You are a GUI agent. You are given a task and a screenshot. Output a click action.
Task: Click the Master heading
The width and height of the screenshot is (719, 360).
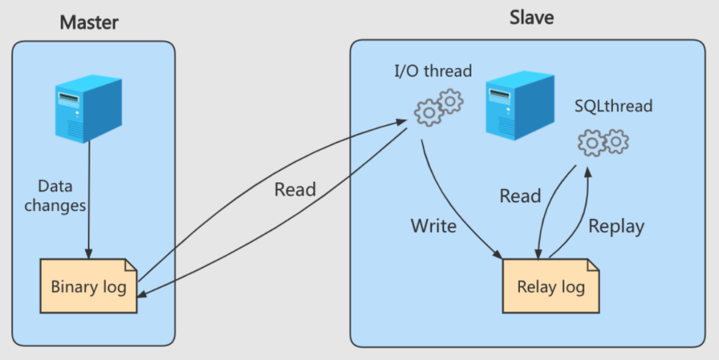pos(89,22)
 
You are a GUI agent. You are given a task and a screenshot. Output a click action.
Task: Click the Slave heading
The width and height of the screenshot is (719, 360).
pos(531,17)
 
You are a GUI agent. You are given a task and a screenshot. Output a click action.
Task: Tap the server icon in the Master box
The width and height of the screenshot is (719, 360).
pos(89,108)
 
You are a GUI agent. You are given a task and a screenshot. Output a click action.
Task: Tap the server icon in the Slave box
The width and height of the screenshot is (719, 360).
pos(519,106)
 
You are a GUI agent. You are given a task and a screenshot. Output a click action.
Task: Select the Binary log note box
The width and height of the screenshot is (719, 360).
pos(89,285)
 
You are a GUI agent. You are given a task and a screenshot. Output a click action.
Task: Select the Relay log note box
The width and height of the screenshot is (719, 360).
pos(551,285)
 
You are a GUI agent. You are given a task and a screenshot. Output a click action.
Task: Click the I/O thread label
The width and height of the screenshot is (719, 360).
pos(433,71)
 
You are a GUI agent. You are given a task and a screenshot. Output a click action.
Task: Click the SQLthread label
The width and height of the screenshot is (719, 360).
pos(614,106)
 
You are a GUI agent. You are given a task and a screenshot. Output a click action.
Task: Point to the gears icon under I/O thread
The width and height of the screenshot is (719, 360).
pos(439,107)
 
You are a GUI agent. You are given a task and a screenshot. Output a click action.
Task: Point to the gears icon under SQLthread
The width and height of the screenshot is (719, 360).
pos(603,142)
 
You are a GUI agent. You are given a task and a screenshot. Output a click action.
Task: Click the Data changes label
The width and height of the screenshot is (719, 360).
pos(55,196)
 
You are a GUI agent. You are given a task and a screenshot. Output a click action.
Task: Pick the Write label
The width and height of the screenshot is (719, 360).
pos(433,226)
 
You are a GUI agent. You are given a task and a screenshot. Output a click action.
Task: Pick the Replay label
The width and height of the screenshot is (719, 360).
pos(616,226)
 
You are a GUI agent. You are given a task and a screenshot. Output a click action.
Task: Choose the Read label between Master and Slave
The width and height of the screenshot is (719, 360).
pos(295,190)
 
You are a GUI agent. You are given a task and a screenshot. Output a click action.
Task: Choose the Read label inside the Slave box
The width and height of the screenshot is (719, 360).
pos(520,196)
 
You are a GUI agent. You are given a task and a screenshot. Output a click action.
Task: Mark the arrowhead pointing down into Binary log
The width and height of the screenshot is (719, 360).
pos(89,254)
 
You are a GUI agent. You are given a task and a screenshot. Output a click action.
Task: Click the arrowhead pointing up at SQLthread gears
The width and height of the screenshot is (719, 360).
pos(587,172)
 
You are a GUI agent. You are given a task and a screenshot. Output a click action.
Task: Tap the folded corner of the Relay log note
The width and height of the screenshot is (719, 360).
pos(593,265)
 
